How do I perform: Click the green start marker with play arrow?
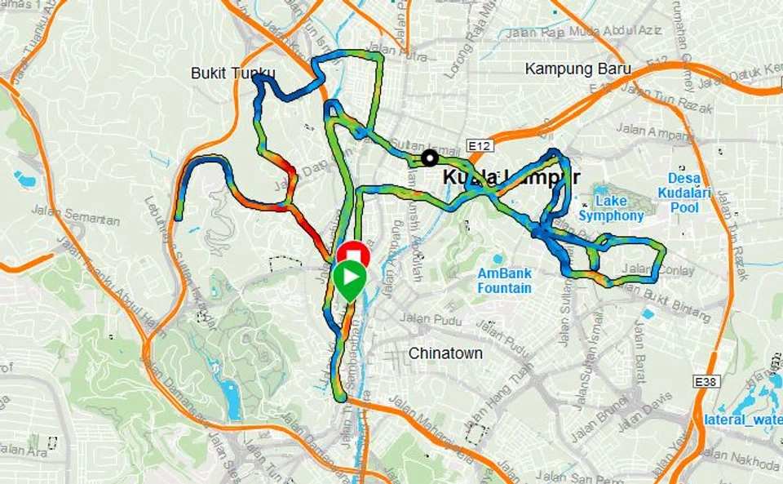[349, 278]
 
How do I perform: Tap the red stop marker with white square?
[353, 254]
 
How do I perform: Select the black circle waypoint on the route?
[429, 158]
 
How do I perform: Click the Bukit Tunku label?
[232, 73]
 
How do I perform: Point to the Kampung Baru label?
[577, 69]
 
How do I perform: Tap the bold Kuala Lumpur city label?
[511, 177]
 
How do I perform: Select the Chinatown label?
[445, 353]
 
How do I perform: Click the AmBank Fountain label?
[504, 281]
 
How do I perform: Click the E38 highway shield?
[706, 380]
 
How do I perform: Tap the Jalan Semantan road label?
[76, 215]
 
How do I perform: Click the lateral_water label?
[741, 420]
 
